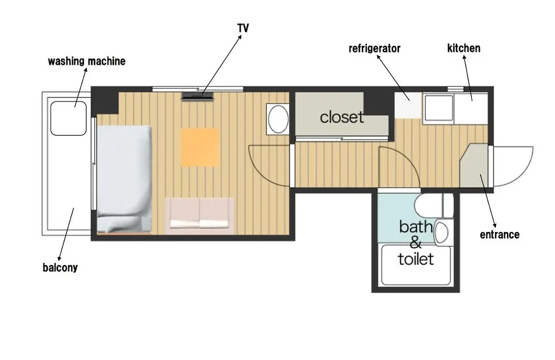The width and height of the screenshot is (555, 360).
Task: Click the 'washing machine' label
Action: click(x=87, y=61)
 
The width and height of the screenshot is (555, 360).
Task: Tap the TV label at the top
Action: click(x=243, y=28)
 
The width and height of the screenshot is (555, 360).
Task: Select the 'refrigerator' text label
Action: click(x=375, y=48)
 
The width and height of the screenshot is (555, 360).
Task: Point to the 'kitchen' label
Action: click(x=464, y=48)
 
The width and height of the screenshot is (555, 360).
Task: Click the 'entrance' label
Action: click(x=499, y=234)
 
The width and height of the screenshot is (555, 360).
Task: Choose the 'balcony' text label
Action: click(x=60, y=267)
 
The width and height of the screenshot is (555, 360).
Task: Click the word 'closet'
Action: click(x=342, y=117)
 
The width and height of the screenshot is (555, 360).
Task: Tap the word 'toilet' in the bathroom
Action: click(x=416, y=259)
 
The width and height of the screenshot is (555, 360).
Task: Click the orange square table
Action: click(x=200, y=147)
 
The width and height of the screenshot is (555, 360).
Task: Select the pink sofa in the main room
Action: click(x=199, y=216)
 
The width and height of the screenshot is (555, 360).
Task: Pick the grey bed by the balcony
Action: click(x=124, y=179)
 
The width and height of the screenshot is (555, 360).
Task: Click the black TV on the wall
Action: click(x=198, y=96)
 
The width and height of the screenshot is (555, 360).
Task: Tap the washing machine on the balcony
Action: click(x=68, y=118)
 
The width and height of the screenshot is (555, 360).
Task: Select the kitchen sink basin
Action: click(x=439, y=107)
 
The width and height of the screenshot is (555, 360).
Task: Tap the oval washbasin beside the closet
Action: click(x=279, y=119)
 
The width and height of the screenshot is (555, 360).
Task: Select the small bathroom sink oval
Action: click(x=441, y=232)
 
